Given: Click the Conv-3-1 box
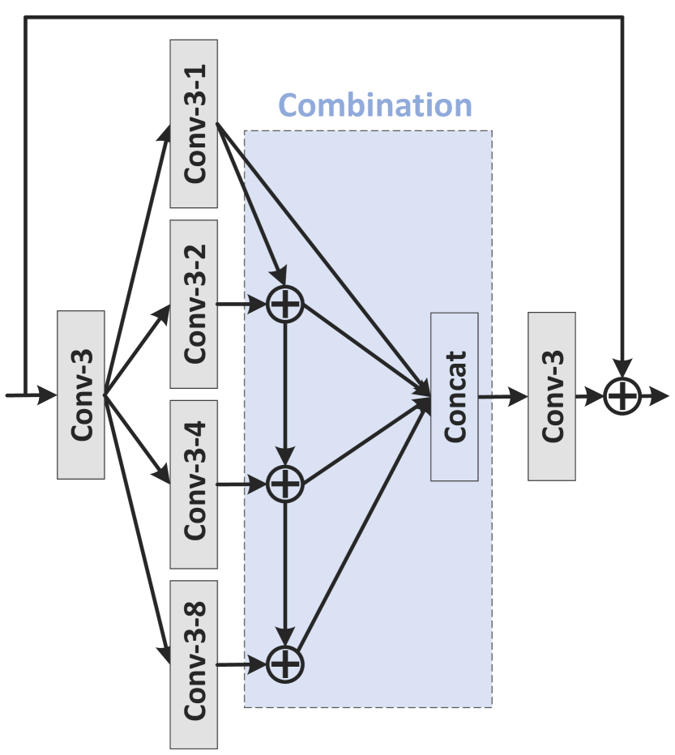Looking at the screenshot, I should click(194, 123).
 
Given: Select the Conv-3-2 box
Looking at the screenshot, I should click(194, 303).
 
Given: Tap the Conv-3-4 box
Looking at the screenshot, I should click(194, 483).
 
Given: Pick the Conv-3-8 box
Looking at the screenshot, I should click(194, 664).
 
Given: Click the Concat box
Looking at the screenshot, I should click(454, 396).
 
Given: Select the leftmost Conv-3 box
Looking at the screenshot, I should click(81, 395).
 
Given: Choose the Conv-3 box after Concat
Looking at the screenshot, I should click(551, 396).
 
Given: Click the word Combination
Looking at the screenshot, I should click(374, 105).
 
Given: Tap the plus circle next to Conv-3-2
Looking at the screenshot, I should click(284, 305).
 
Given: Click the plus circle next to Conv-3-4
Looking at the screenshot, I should click(284, 484).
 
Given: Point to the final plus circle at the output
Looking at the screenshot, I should click(622, 396).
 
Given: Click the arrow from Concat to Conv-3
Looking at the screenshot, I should click(502, 396).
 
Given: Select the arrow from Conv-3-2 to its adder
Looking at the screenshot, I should click(243, 305).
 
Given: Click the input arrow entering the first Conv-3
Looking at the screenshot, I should click(32, 395).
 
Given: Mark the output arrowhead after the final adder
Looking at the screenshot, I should click(661, 396).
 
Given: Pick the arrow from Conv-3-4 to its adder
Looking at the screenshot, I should click(243, 484).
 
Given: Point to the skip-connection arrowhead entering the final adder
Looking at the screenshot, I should click(622, 369).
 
